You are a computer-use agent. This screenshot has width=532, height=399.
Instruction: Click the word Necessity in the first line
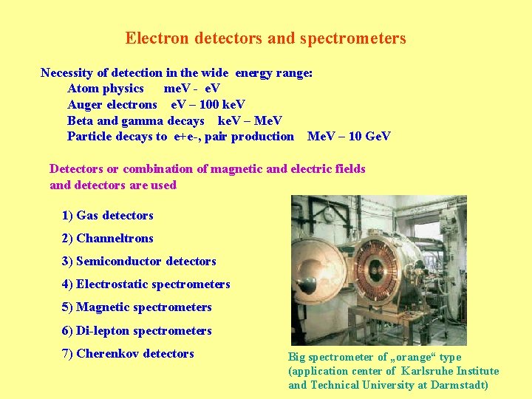67,72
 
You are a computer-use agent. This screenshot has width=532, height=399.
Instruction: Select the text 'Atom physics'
106,89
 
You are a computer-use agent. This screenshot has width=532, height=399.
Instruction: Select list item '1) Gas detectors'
108,215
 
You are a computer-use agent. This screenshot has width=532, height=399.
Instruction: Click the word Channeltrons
115,238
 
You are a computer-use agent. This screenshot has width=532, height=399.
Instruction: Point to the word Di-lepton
107,330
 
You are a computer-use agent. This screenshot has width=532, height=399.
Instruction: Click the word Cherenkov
108,353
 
